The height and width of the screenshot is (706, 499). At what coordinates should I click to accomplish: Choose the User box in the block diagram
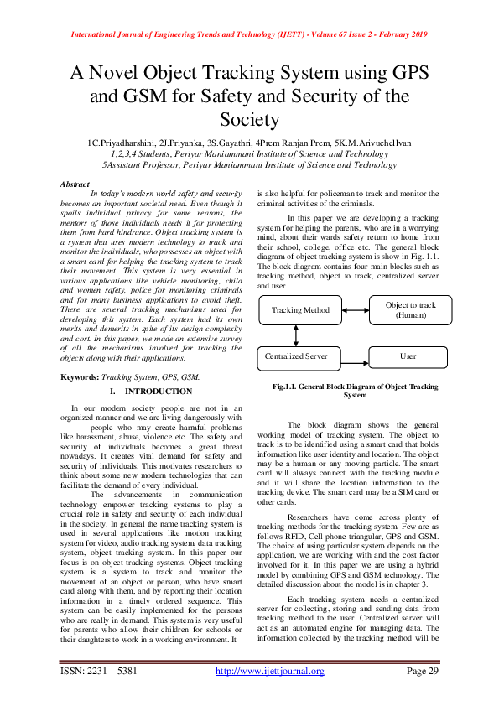(408, 356)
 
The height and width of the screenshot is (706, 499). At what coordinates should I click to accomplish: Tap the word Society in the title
(249, 121)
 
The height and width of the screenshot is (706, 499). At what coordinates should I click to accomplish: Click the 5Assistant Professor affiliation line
(249, 167)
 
